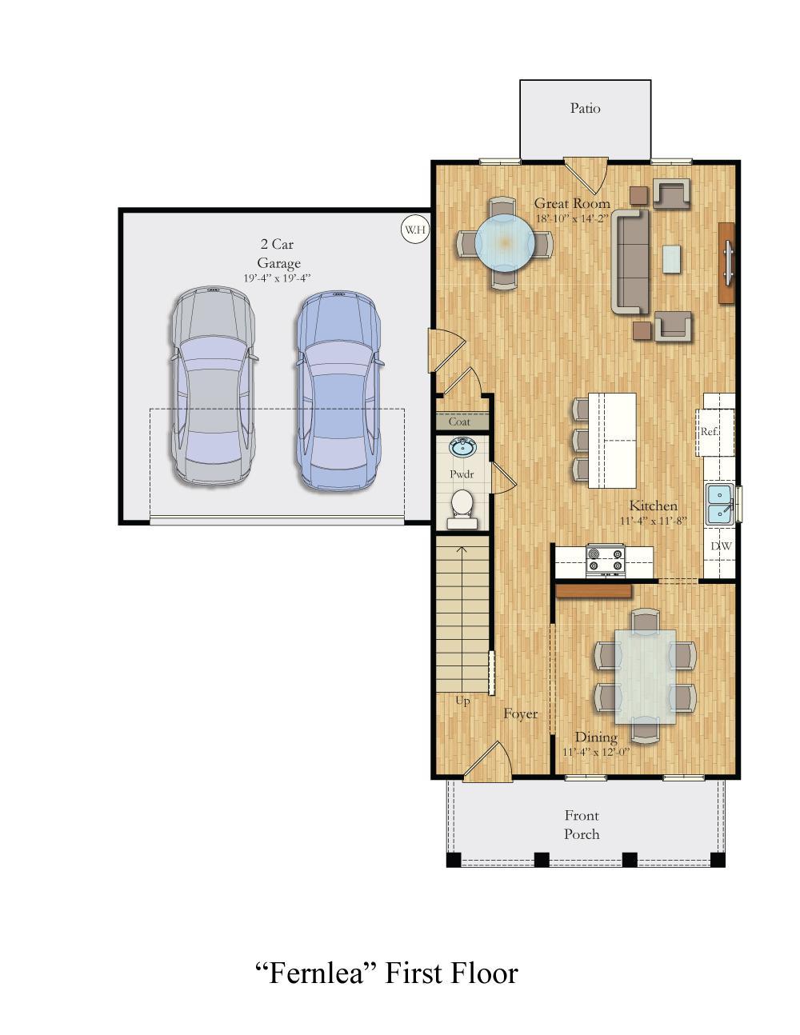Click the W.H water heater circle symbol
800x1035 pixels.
pyautogui.click(x=414, y=230)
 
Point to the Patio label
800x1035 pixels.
pyautogui.click(x=585, y=108)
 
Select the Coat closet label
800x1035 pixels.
pyautogui.click(x=459, y=422)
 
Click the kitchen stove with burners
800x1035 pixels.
pyautogui.click(x=606, y=559)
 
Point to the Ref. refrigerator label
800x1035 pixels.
pyautogui.click(x=709, y=431)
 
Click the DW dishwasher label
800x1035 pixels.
pyautogui.click(x=721, y=546)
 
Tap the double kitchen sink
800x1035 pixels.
pyautogui.click(x=720, y=503)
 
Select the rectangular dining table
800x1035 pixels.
pyautogui.click(x=645, y=676)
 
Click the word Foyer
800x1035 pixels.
pyautogui.click(x=520, y=713)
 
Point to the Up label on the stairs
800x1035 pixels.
pyautogui.click(x=462, y=701)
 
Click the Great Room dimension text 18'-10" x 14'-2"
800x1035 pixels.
pyautogui.click(x=572, y=218)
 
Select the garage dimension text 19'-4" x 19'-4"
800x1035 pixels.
pyautogui.click(x=277, y=278)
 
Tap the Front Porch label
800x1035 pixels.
pyautogui.click(x=582, y=825)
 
